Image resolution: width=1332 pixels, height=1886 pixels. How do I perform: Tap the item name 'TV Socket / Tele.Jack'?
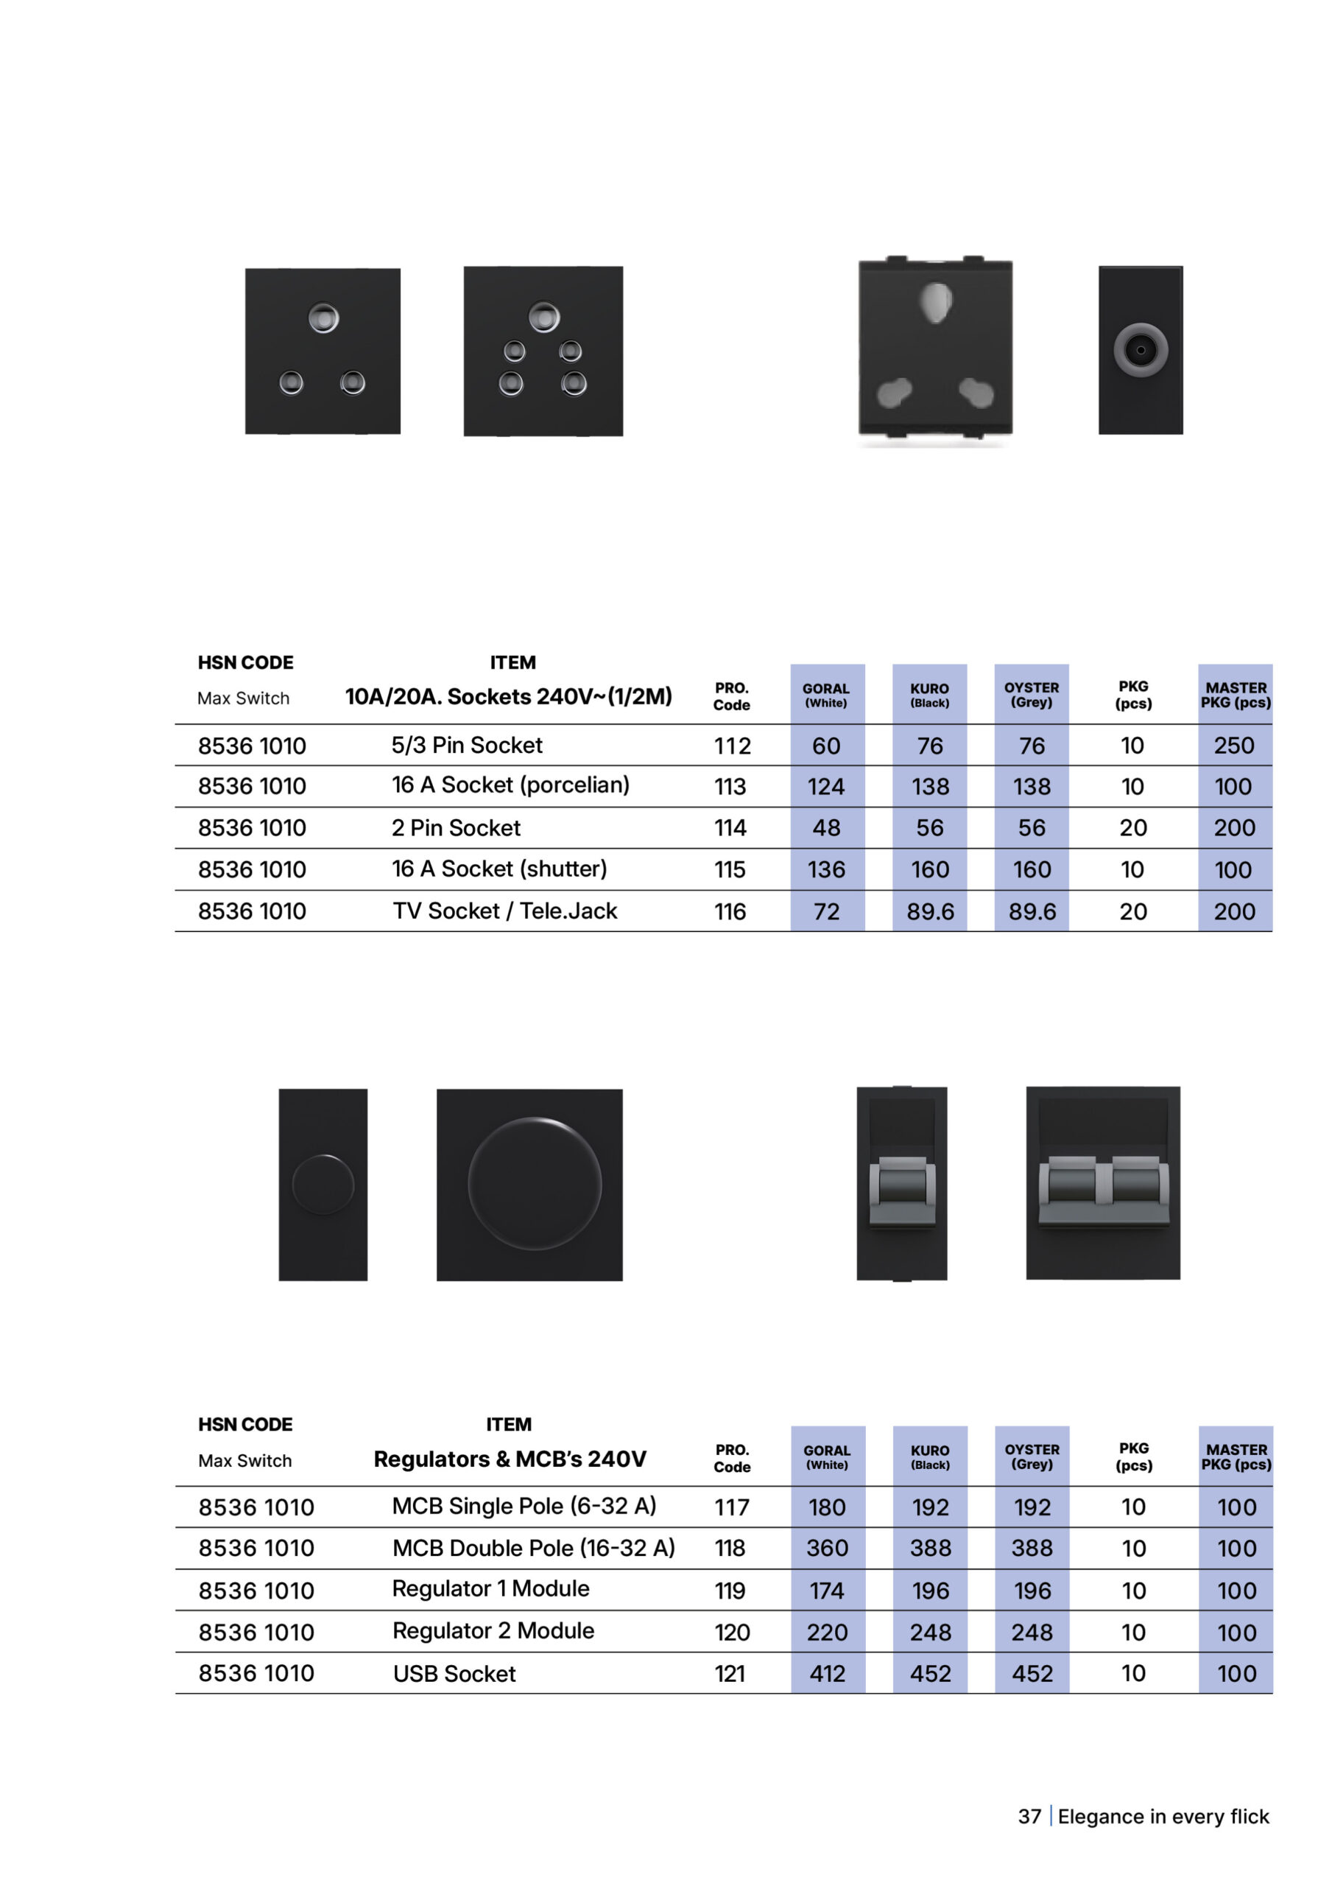pos(504,911)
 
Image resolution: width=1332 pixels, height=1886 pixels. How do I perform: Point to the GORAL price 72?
pos(826,912)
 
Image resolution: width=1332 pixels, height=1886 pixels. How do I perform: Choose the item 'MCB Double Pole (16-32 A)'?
pos(533,1549)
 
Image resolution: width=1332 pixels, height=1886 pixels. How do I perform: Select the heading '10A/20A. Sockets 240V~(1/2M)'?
pos(508,697)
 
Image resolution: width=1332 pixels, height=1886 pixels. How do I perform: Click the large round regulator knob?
pos(534,1184)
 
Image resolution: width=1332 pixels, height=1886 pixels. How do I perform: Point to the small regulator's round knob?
pos(323,1185)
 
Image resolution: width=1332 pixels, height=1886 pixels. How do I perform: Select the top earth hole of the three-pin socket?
pos(323,318)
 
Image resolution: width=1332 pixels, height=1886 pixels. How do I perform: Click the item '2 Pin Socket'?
pos(456,828)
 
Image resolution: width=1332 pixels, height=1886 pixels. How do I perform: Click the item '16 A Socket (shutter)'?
pos(498,869)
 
